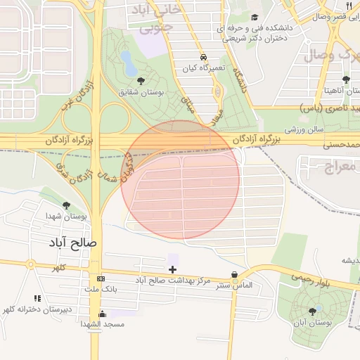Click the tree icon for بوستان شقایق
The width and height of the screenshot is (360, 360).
(x=141, y=81)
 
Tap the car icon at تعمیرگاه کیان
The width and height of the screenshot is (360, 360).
(x=202, y=57)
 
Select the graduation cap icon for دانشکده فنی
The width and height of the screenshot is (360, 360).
(x=255, y=18)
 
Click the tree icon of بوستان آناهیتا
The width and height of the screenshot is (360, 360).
(x=345, y=79)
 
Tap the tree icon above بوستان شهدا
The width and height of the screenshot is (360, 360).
(x=66, y=205)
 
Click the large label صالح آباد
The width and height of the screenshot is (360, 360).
(x=74, y=243)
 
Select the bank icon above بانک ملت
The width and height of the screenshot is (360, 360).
(x=101, y=278)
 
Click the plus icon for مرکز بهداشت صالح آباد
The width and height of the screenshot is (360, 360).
(x=172, y=269)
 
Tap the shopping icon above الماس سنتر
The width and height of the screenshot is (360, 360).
(x=234, y=275)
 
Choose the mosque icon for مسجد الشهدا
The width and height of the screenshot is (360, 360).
(x=103, y=314)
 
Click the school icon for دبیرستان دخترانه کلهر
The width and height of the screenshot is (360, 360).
(x=37, y=298)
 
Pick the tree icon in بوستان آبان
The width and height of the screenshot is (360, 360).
(x=312, y=311)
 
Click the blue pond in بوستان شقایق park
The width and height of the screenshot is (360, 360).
(x=129, y=63)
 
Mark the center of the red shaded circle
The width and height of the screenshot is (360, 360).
(x=181, y=179)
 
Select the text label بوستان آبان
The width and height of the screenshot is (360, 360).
(x=312, y=323)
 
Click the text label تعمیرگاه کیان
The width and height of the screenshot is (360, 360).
(x=202, y=68)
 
